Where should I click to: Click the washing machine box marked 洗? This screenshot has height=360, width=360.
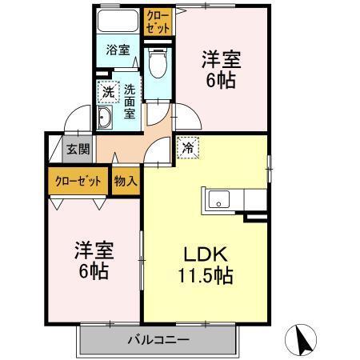coord(106,91)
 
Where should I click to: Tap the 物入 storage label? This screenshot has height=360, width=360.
coord(126,180)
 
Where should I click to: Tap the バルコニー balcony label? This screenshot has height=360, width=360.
coord(158,340)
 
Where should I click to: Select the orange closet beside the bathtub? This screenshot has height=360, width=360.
coord(157,21)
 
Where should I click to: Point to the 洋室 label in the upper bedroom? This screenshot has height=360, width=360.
coord(221,58)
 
